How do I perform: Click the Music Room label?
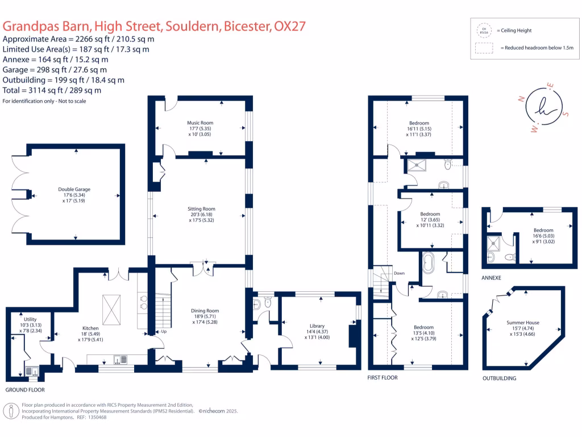[200, 123]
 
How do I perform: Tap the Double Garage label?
[74, 189]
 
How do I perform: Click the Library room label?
[317, 326]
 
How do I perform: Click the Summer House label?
[523, 323]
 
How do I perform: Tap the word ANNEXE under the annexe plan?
[491, 278]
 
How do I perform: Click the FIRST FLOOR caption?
[383, 377]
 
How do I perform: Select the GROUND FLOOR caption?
[24, 390]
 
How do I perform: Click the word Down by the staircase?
[400, 273]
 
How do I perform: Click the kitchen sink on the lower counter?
[120, 358]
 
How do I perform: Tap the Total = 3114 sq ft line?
[52, 90]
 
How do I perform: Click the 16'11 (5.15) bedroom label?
[419, 129]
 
